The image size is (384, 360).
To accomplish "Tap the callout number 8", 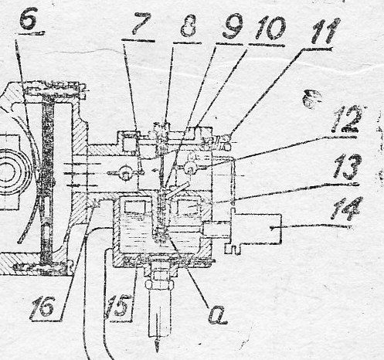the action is (x=189, y=25).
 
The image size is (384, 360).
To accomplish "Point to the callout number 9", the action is (x=233, y=25).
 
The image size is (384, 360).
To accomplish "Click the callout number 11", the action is (x=325, y=32).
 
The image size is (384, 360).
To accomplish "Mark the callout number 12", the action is (x=346, y=120).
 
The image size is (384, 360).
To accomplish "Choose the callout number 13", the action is (x=348, y=167).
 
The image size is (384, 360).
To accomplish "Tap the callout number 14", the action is (x=346, y=209).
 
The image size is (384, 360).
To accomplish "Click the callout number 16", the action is (x=42, y=307).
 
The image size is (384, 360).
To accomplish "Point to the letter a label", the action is (x=217, y=315).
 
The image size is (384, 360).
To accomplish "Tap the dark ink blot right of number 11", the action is (x=312, y=98).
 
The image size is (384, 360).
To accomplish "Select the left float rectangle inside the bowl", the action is (x=134, y=206).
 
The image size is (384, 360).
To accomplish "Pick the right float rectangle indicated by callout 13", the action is (x=187, y=206).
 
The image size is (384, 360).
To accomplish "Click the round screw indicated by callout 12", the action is (x=190, y=168).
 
